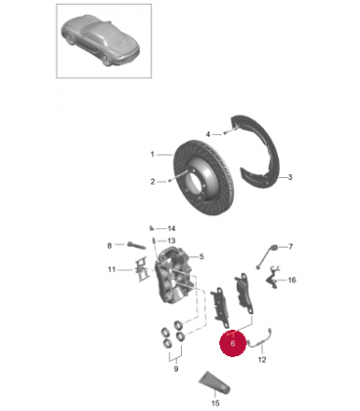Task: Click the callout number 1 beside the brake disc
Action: (153, 154)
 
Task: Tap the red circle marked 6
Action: (233, 343)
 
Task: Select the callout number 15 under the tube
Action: (215, 403)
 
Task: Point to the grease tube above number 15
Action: (214, 383)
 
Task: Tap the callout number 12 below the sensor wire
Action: (262, 360)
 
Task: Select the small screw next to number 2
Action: (170, 180)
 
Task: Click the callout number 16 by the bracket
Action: (292, 280)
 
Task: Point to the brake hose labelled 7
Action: (267, 256)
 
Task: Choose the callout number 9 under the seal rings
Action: (176, 369)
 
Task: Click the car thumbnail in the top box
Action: (101, 41)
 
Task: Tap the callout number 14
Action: (171, 228)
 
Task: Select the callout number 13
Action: (171, 241)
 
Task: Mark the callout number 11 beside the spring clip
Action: (112, 269)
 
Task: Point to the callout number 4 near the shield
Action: (208, 134)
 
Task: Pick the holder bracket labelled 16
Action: (273, 278)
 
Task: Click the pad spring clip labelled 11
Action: (141, 270)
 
